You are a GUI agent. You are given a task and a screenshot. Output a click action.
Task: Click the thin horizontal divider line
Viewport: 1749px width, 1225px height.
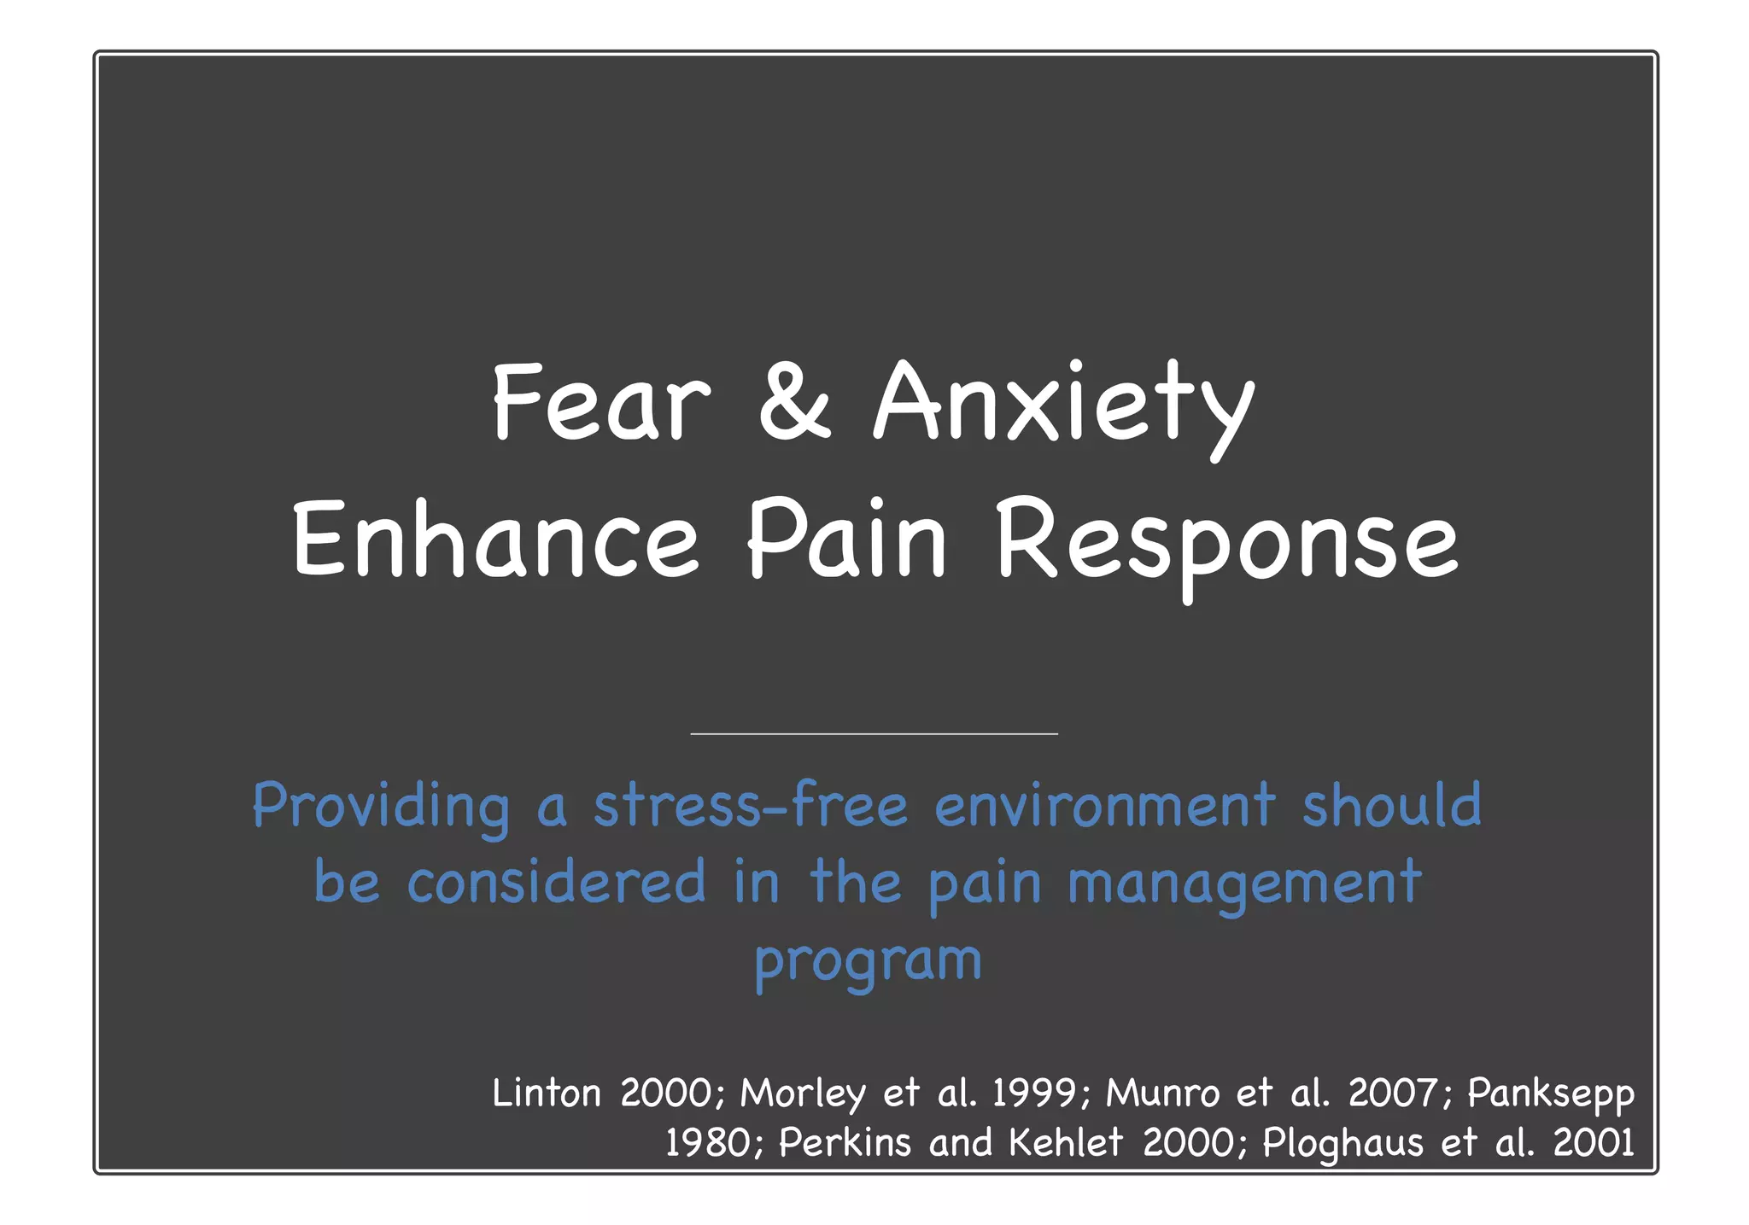click(x=874, y=733)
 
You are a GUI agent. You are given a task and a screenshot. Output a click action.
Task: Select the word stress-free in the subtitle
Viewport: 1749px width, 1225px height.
click(x=750, y=806)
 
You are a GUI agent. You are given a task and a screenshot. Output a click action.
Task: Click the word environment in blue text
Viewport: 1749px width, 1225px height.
click(x=1105, y=806)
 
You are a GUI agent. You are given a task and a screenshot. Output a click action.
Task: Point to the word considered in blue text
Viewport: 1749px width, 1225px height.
click(x=556, y=882)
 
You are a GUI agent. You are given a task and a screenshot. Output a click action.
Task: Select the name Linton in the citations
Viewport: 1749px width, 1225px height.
click(x=547, y=1094)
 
